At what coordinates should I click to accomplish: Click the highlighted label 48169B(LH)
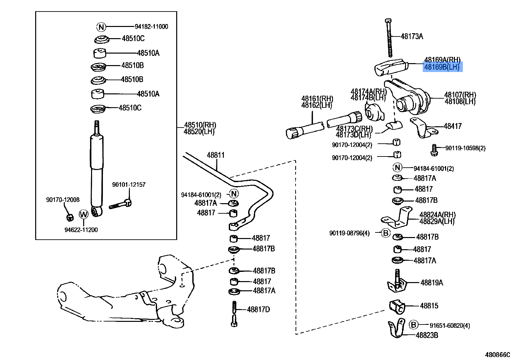tap(442, 67)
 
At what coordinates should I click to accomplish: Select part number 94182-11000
tap(151, 27)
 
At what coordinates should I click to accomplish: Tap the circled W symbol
tap(84, 215)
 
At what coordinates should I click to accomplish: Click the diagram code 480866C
tap(498, 355)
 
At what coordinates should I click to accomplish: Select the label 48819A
tap(432, 282)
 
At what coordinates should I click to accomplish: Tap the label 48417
tap(453, 126)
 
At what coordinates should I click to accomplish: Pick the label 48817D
tap(258, 309)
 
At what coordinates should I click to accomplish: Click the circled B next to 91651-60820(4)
tap(414, 325)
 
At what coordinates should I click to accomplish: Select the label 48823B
tap(427, 335)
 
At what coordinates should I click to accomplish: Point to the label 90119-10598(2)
tap(465, 148)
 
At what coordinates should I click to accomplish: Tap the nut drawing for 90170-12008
tap(69, 217)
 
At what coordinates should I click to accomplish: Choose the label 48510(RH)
tap(200, 125)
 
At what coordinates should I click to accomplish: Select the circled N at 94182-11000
tap(101, 27)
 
